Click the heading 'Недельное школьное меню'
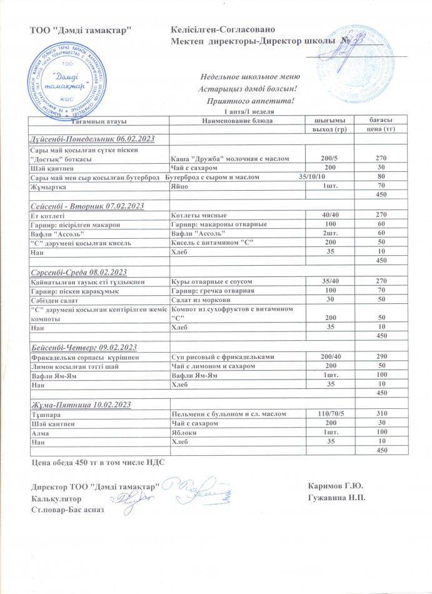pos(246,77)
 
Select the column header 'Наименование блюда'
pos(236,120)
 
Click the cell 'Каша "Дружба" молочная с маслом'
pos(230,159)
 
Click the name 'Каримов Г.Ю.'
pos(336,486)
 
